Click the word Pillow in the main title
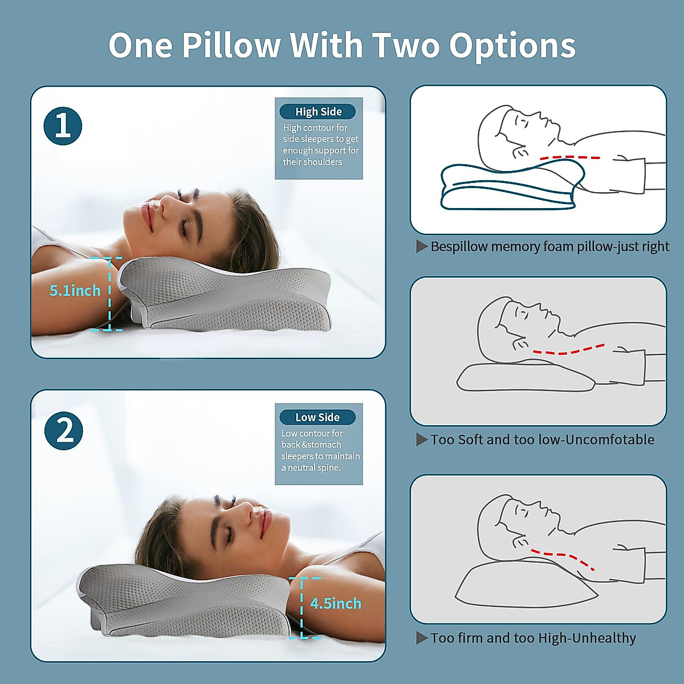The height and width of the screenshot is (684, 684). point(231,46)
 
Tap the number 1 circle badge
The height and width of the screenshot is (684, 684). point(63,126)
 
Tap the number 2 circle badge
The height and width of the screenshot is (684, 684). point(64,431)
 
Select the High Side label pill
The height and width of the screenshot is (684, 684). point(318,112)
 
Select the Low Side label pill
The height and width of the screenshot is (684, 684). point(317,417)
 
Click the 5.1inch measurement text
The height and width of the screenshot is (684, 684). point(75,291)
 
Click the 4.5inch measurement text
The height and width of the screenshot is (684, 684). point(336,604)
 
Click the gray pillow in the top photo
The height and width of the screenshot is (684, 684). point(228,296)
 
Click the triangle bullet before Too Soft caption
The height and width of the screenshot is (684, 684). point(422,439)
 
